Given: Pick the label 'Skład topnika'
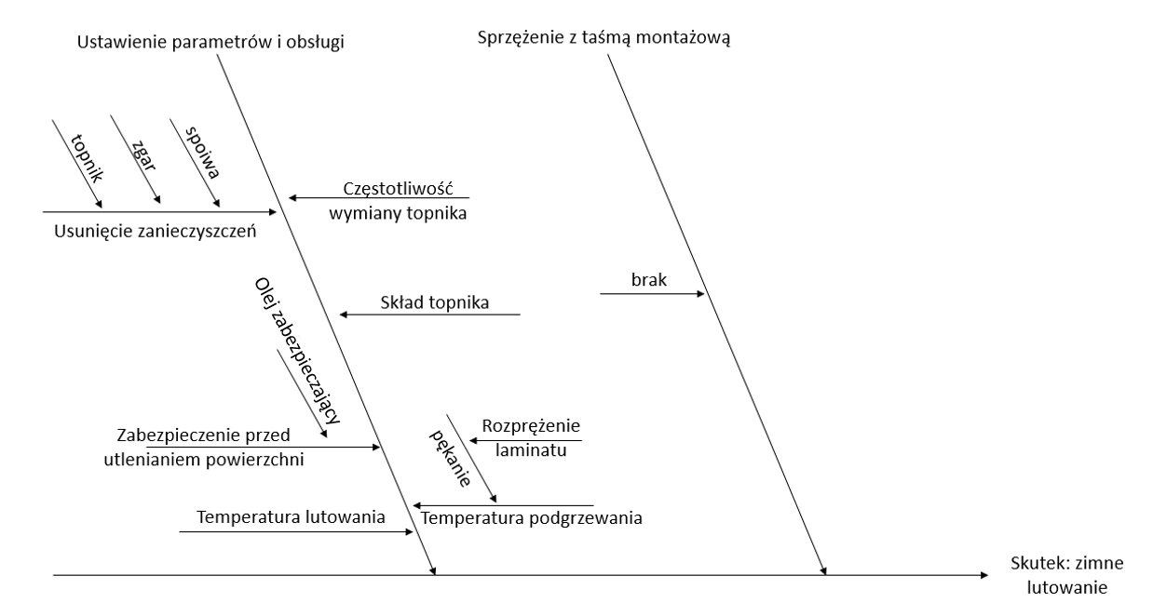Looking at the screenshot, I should click(x=435, y=301).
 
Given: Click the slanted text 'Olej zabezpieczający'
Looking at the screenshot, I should click(x=296, y=350).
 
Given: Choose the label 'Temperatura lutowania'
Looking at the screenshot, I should click(x=291, y=517).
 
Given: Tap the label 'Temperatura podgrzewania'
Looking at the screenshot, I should click(x=532, y=517).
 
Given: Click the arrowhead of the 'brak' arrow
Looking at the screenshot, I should click(x=699, y=294).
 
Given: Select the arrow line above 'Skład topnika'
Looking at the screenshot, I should click(x=428, y=315).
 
